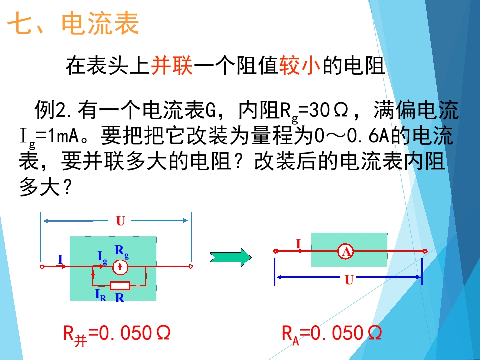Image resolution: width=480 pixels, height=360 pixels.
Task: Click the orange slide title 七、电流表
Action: [x=73, y=23]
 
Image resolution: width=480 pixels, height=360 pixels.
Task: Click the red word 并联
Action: [x=172, y=66]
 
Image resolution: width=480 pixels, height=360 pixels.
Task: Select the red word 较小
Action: [x=300, y=66]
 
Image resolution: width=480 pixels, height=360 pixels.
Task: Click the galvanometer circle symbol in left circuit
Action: [x=120, y=267]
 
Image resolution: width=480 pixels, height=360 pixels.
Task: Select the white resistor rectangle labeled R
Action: [x=120, y=286]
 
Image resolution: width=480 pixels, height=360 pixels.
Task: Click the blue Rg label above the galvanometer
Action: [x=122, y=251]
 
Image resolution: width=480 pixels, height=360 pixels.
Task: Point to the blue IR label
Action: [x=100, y=295]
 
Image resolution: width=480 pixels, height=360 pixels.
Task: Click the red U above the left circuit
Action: [x=121, y=221]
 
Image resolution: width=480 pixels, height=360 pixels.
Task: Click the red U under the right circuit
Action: [x=349, y=280]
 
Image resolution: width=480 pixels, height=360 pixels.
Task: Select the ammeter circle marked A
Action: [x=346, y=251]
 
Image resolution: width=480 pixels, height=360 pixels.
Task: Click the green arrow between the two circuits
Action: [x=231, y=257]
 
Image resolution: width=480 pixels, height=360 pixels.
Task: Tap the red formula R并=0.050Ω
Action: [x=117, y=334]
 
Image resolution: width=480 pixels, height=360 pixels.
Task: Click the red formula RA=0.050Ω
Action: [x=332, y=334]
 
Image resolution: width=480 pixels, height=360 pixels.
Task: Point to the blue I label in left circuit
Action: [x=60, y=259]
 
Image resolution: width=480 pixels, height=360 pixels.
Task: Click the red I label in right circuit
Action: [x=299, y=244]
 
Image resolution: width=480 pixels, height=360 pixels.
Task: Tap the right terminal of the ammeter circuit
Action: [x=425, y=251]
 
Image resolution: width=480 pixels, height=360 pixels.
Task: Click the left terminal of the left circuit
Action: [x=42, y=267]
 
